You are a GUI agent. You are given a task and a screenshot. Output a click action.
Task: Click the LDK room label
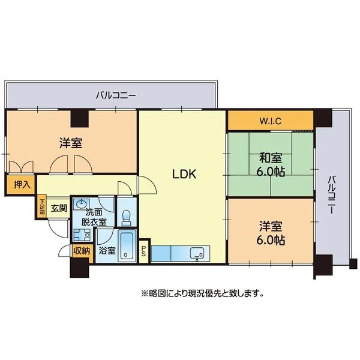coord(184,174)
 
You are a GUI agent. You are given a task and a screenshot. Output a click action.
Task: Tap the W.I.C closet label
coord(271,121)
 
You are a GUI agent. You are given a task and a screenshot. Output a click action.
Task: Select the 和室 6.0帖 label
coord(271,164)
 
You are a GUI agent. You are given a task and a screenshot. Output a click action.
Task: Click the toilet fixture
coord(127,218)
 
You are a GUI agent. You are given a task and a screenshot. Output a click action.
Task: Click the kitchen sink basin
coord(197,253)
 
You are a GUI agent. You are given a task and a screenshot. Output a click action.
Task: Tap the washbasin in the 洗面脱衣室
coord(81,204)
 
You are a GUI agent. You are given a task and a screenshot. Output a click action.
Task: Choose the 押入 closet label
coord(22,184)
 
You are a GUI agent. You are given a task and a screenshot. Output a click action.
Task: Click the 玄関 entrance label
coord(59,208)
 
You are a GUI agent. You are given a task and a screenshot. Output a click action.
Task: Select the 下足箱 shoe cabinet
coord(42,207)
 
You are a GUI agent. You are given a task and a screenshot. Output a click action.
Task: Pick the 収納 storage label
coord(81,251)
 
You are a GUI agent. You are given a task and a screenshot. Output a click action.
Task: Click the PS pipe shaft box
coord(144,251)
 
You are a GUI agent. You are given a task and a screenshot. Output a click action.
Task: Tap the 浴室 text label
coord(107,250)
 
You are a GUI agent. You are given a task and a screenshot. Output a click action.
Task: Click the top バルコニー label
coord(116,95)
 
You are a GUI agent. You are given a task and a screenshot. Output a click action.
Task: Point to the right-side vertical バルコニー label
coord(331,195)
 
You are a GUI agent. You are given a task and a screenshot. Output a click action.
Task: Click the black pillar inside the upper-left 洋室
coord(80,119)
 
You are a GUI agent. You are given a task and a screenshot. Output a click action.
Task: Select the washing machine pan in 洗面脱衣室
coord(82,235)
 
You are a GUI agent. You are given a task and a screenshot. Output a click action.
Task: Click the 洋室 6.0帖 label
coord(271,233)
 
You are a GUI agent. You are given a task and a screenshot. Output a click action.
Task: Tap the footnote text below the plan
coord(202,293)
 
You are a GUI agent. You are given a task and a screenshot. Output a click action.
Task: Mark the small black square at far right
coord(353,263)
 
